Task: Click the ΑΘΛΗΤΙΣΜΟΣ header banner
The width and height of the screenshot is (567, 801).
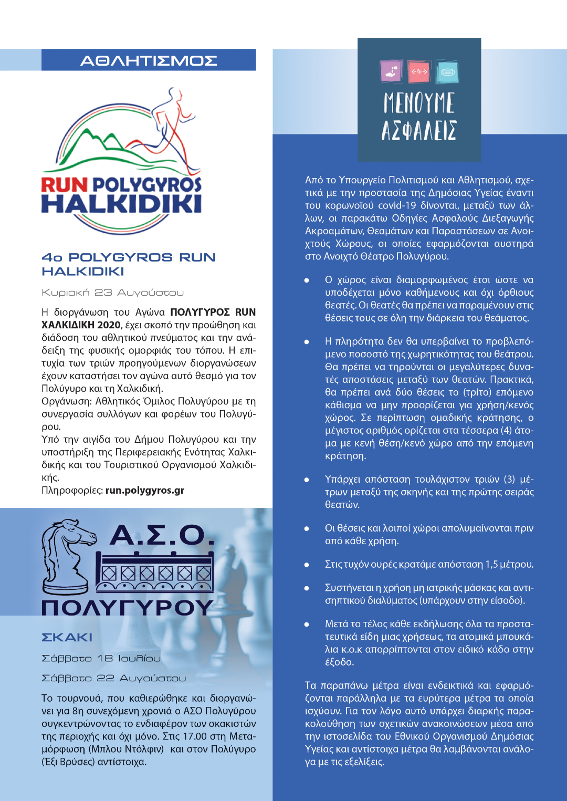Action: [149, 60]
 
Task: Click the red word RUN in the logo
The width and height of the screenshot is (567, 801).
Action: [64, 185]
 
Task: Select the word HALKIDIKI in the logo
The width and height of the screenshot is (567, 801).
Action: [121, 204]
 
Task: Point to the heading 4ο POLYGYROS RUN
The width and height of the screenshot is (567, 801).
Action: [129, 257]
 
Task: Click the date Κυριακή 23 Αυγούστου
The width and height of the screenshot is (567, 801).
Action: [113, 293]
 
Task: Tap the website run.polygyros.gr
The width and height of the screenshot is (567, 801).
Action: [145, 491]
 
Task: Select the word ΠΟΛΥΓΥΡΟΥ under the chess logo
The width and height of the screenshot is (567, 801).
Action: [128, 608]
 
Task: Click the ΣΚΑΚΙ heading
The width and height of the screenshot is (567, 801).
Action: [67, 638]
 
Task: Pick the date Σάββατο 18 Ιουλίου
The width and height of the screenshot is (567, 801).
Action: [101, 659]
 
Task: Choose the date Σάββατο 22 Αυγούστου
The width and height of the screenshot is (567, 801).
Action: [114, 679]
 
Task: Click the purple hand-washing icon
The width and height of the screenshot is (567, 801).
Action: [392, 72]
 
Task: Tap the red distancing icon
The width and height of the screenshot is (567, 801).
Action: [419, 72]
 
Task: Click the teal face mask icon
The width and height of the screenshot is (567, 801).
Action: [447, 72]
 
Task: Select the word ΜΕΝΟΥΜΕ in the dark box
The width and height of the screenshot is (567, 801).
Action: [419, 103]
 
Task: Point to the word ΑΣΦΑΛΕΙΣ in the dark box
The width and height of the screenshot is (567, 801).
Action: [419, 130]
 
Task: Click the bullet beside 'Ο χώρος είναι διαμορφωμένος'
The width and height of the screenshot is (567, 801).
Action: [307, 280]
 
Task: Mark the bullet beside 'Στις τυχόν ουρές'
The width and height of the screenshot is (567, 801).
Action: [307, 565]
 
